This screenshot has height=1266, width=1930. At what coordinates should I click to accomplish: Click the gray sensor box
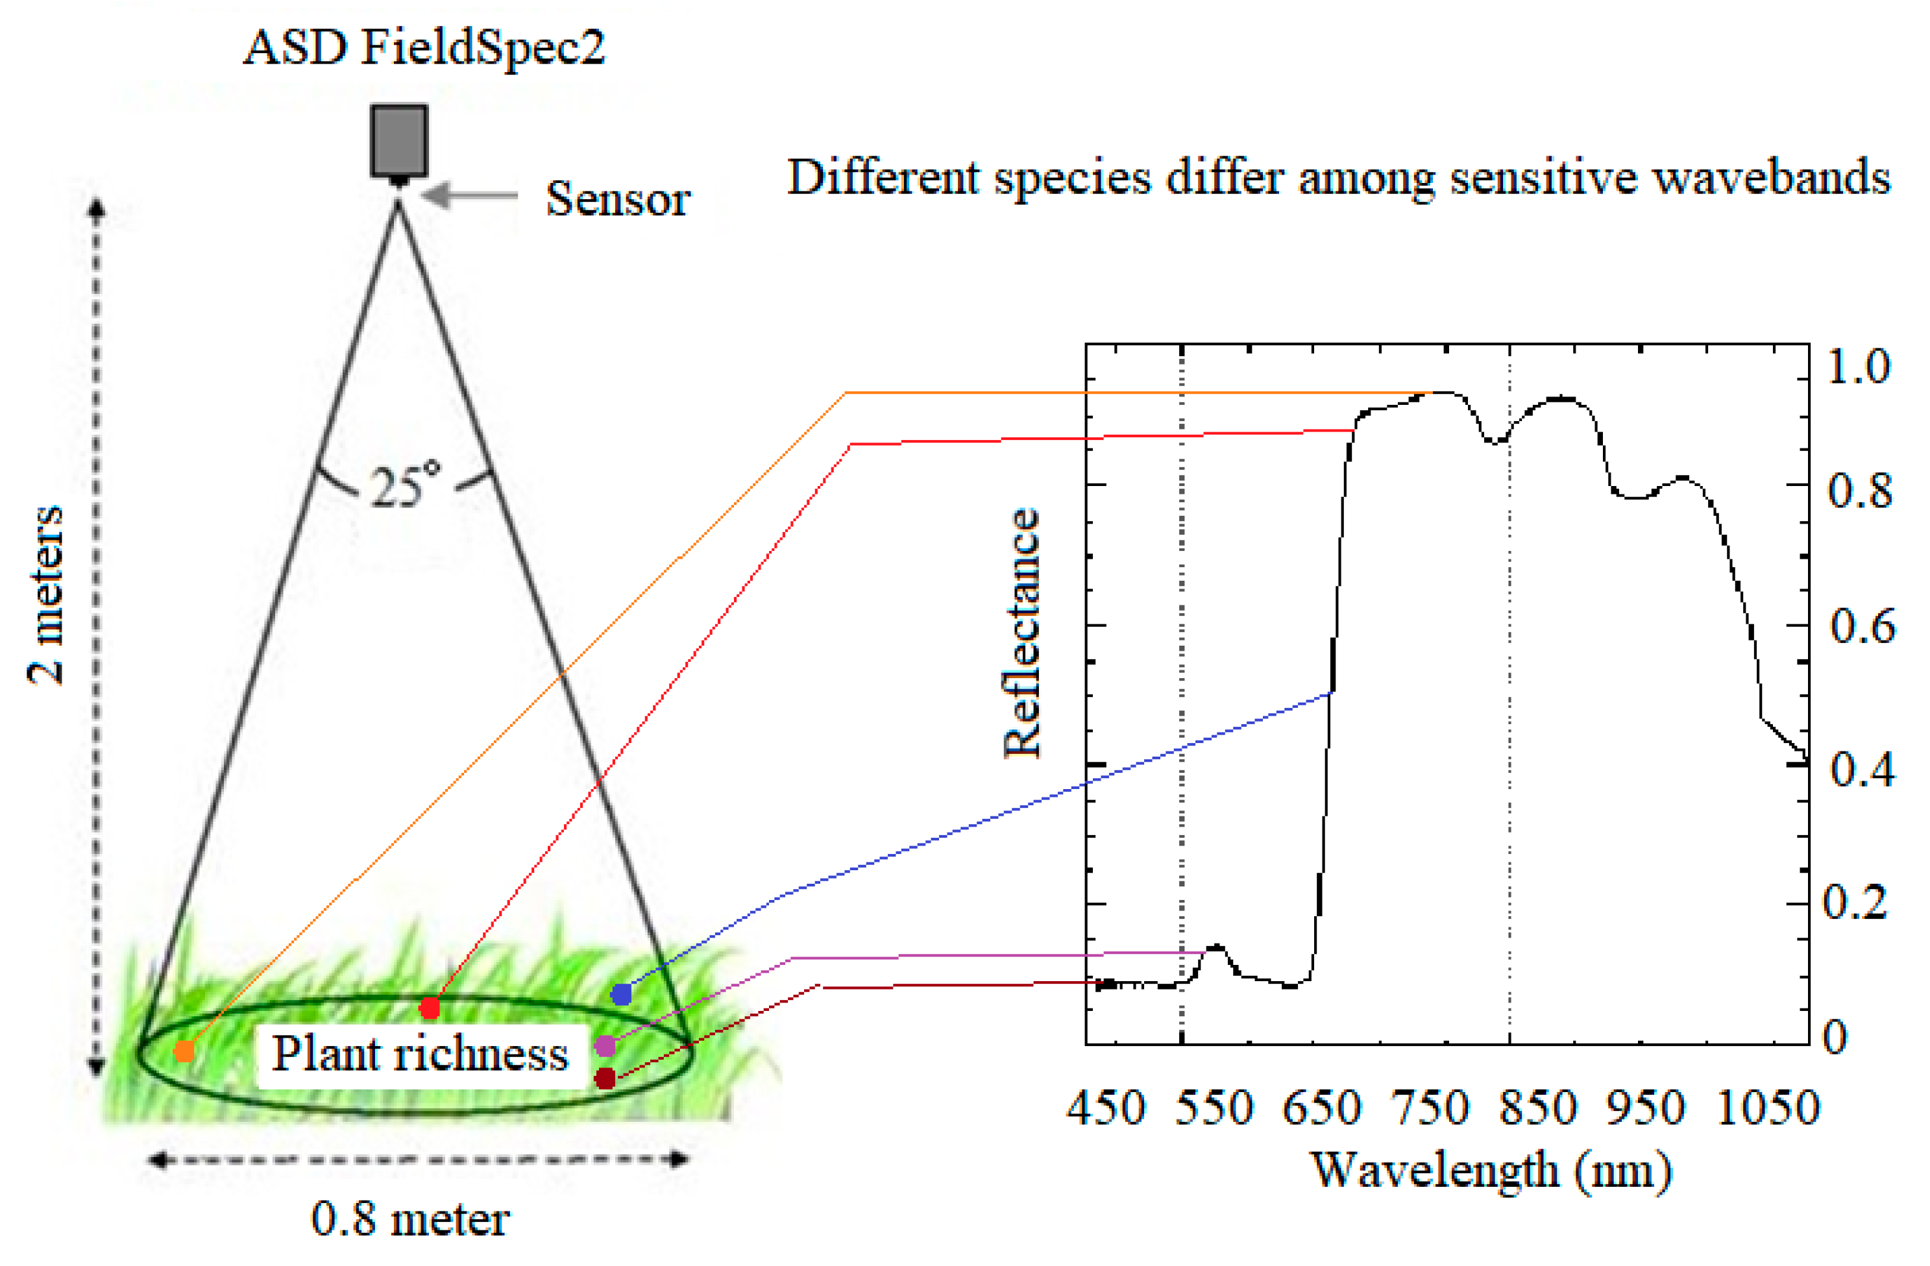[399, 140]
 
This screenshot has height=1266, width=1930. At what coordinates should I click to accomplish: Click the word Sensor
[617, 199]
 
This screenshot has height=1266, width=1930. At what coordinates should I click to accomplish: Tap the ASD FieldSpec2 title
[424, 47]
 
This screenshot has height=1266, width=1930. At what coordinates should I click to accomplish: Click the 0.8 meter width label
[410, 1219]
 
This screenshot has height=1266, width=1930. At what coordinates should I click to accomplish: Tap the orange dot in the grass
[185, 1051]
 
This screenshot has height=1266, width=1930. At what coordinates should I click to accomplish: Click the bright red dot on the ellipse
[430, 1008]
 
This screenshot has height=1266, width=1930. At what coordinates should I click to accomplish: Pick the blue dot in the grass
[621, 993]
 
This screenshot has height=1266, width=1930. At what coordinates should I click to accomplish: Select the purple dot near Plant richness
[605, 1045]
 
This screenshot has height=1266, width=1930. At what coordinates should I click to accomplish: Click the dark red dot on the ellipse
[605, 1078]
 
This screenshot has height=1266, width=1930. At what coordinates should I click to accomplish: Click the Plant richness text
[419, 1054]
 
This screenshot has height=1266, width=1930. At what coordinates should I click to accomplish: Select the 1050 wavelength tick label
[1768, 1108]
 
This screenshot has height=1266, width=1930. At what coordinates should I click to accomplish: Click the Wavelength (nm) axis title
[1491, 1171]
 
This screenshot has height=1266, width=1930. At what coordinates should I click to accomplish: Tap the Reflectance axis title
[1021, 633]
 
